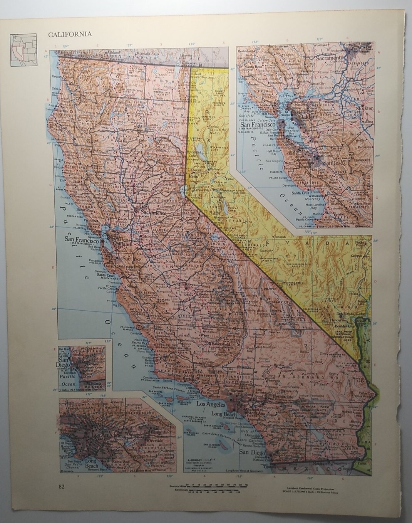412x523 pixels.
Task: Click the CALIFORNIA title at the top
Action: [70, 34]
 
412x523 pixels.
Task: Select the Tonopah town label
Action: [281, 236]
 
